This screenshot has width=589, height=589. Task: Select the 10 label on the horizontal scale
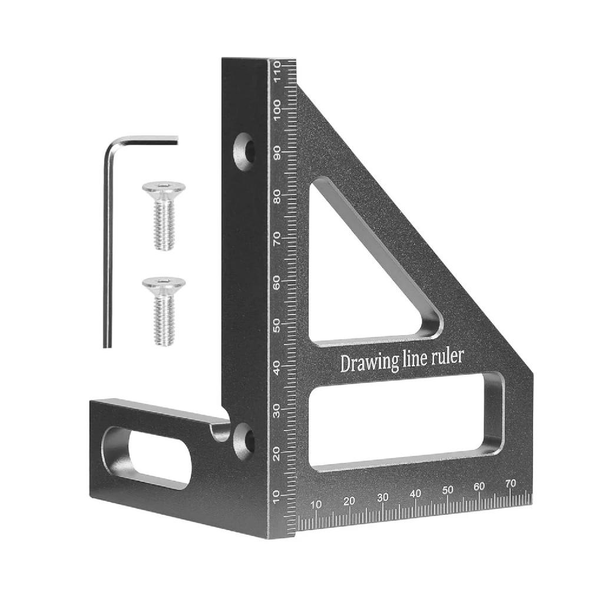(316, 504)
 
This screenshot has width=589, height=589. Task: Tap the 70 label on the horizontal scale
(511, 482)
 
